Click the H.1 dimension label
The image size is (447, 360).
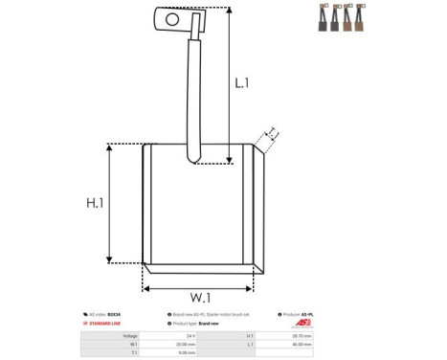coord(95,204)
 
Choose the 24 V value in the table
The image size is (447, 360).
coord(190,336)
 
